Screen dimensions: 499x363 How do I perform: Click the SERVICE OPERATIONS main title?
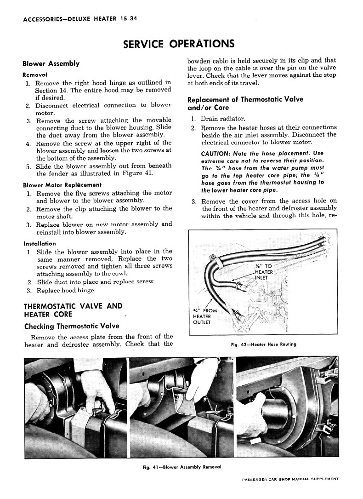tap(179, 44)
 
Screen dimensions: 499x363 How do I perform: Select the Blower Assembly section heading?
tap(51, 63)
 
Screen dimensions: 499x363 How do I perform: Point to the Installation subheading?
tap(40, 243)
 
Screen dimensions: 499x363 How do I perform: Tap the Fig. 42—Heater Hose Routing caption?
tap(262, 344)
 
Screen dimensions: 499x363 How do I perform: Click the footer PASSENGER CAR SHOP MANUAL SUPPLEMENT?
tap(290, 479)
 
